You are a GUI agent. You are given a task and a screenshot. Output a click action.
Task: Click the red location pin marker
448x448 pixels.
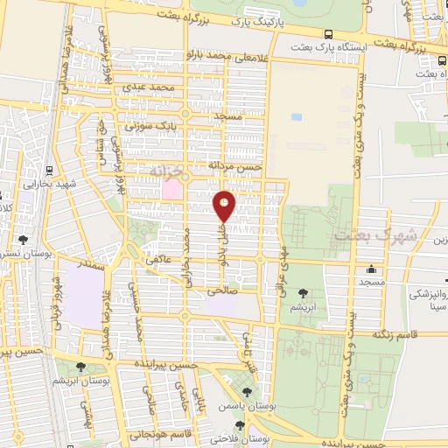pos(225,206)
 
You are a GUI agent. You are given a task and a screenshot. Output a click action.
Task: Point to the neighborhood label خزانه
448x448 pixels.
pos(164,168)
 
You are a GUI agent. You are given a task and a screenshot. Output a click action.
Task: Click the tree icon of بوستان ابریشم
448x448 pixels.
pos(81,367)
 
